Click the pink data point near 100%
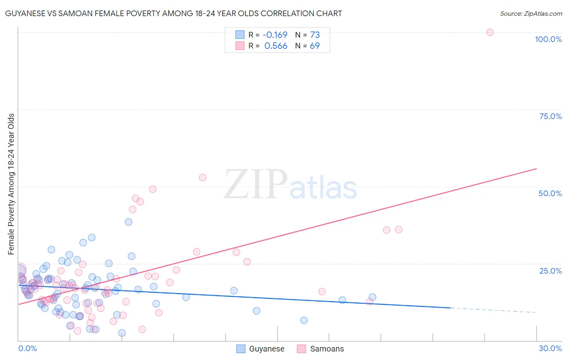coord(490,32)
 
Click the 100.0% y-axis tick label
coord(548,39)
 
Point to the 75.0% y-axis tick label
coord(550,116)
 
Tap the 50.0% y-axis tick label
coord(550,193)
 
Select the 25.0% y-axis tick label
coord(550,270)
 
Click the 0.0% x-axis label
coord(27,348)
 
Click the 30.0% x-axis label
coord(550,348)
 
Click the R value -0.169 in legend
coord(275,35)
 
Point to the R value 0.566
coord(275,46)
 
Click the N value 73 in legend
coord(315,35)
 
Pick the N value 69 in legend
coord(315,46)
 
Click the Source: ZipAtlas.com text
coord(531,13)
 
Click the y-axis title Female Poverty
coord(11,184)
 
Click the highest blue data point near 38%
coord(128,222)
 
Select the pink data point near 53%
coord(202,178)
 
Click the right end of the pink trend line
coord(536,168)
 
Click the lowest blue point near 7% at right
coord(304,320)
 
